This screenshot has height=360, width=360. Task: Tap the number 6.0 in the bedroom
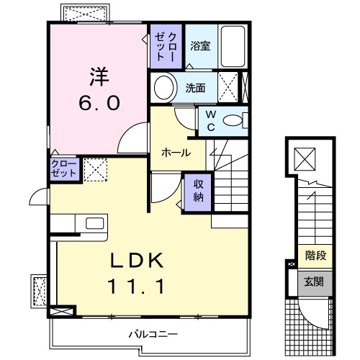(99, 102)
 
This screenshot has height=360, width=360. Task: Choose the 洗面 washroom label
(195, 89)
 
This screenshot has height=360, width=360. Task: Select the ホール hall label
(176, 153)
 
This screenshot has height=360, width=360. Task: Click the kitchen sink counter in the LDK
(92, 224)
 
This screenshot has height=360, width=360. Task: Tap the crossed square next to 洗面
(230, 89)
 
